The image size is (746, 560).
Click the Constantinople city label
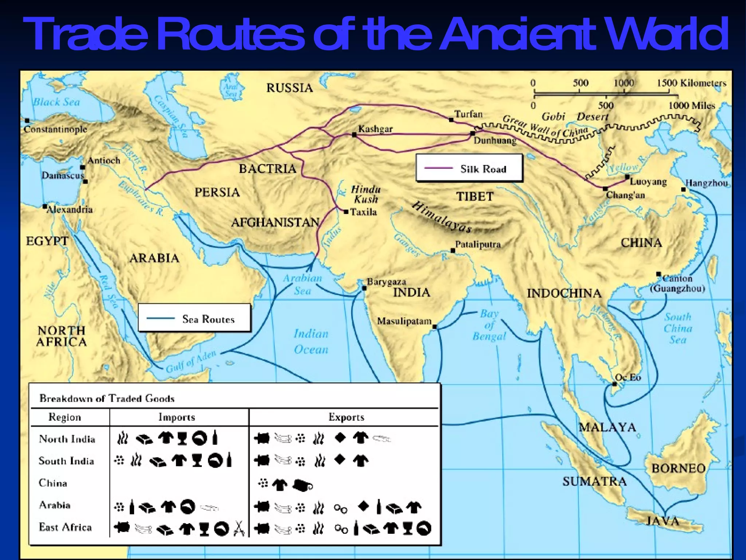55,129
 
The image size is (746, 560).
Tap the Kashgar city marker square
354,135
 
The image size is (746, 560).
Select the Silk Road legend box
469,168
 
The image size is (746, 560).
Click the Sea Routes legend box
195,318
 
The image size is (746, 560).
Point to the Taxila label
363,212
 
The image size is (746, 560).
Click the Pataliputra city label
478,244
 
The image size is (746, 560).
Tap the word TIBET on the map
475,197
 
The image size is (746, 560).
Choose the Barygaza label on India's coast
386,281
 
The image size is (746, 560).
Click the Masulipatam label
404,321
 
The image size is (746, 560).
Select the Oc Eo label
628,377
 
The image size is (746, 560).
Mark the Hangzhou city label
706,183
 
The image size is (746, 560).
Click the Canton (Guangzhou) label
678,284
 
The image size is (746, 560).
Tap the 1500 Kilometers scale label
691,83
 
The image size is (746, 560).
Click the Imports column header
177,417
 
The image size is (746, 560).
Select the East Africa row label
66,527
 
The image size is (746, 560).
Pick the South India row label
66,461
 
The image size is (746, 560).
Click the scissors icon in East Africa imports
239,528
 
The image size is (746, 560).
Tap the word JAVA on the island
663,521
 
